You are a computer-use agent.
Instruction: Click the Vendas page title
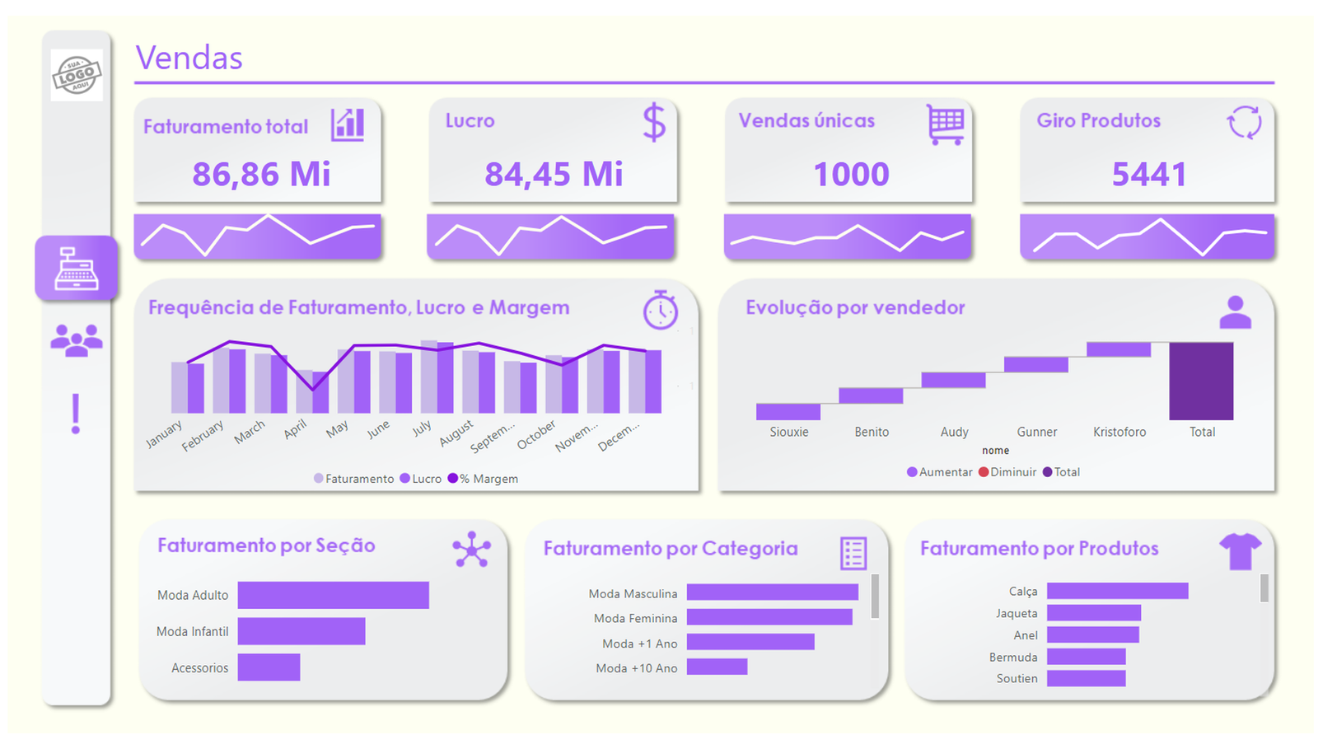click(189, 59)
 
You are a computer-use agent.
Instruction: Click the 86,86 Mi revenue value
click(261, 174)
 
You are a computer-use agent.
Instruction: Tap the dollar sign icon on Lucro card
click(654, 123)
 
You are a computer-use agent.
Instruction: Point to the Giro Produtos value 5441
click(1149, 174)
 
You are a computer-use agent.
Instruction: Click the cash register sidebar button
click(77, 269)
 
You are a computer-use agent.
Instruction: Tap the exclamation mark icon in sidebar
click(76, 414)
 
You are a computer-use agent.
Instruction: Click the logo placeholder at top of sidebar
click(77, 75)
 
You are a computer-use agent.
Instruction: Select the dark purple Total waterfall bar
click(1201, 381)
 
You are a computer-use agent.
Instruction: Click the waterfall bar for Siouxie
click(788, 411)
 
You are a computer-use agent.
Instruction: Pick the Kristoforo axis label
click(1119, 432)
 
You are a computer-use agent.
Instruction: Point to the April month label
click(295, 428)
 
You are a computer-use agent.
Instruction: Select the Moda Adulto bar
click(333, 595)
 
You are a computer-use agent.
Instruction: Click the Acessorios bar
click(269, 667)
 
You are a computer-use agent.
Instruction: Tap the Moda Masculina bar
click(772, 592)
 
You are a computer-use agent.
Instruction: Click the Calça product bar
click(1117, 591)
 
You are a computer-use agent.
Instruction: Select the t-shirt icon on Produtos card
click(1240, 550)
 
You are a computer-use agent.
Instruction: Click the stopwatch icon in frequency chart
click(660, 310)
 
